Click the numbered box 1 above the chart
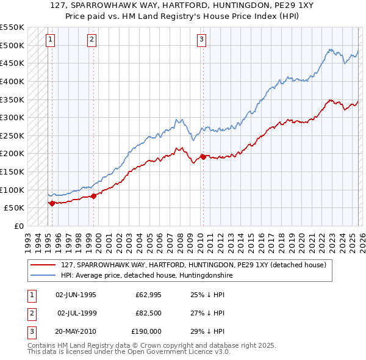(50, 40)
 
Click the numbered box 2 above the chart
(91, 40)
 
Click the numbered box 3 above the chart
(201, 40)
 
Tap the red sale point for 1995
(52, 203)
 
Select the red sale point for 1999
(93, 196)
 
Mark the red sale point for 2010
(203, 157)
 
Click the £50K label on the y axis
(14, 208)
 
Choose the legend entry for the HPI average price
(146, 275)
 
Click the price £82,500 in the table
(148, 313)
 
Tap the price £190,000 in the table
(146, 331)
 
